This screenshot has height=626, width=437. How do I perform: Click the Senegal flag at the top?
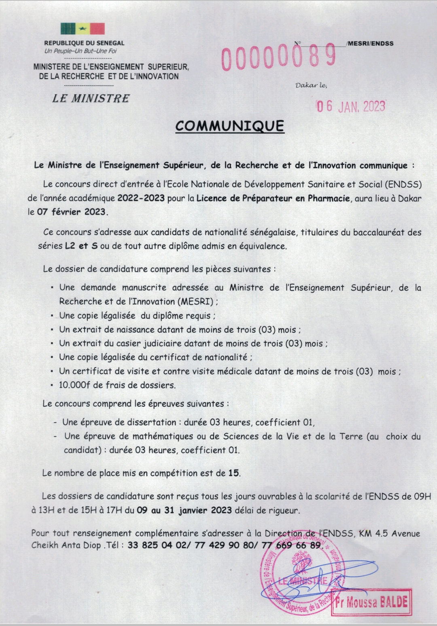coord(83,29)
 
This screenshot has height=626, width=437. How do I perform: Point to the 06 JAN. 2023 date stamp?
coord(350,106)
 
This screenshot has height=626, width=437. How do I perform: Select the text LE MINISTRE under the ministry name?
coord(91,98)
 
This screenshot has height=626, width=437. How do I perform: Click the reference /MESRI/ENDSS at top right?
coord(370,43)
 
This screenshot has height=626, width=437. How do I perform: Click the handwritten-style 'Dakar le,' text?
coord(311,85)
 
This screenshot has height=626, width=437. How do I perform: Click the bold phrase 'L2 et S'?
coord(81,246)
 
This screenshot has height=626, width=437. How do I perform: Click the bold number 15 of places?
coord(233,473)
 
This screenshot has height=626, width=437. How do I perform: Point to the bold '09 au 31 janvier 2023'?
coord(184,510)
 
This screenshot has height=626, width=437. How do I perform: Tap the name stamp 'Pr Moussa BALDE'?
coord(371,602)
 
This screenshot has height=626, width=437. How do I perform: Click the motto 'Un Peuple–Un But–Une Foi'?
coord(81,51)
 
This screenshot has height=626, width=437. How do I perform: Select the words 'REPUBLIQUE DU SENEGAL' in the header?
coord(84,43)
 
